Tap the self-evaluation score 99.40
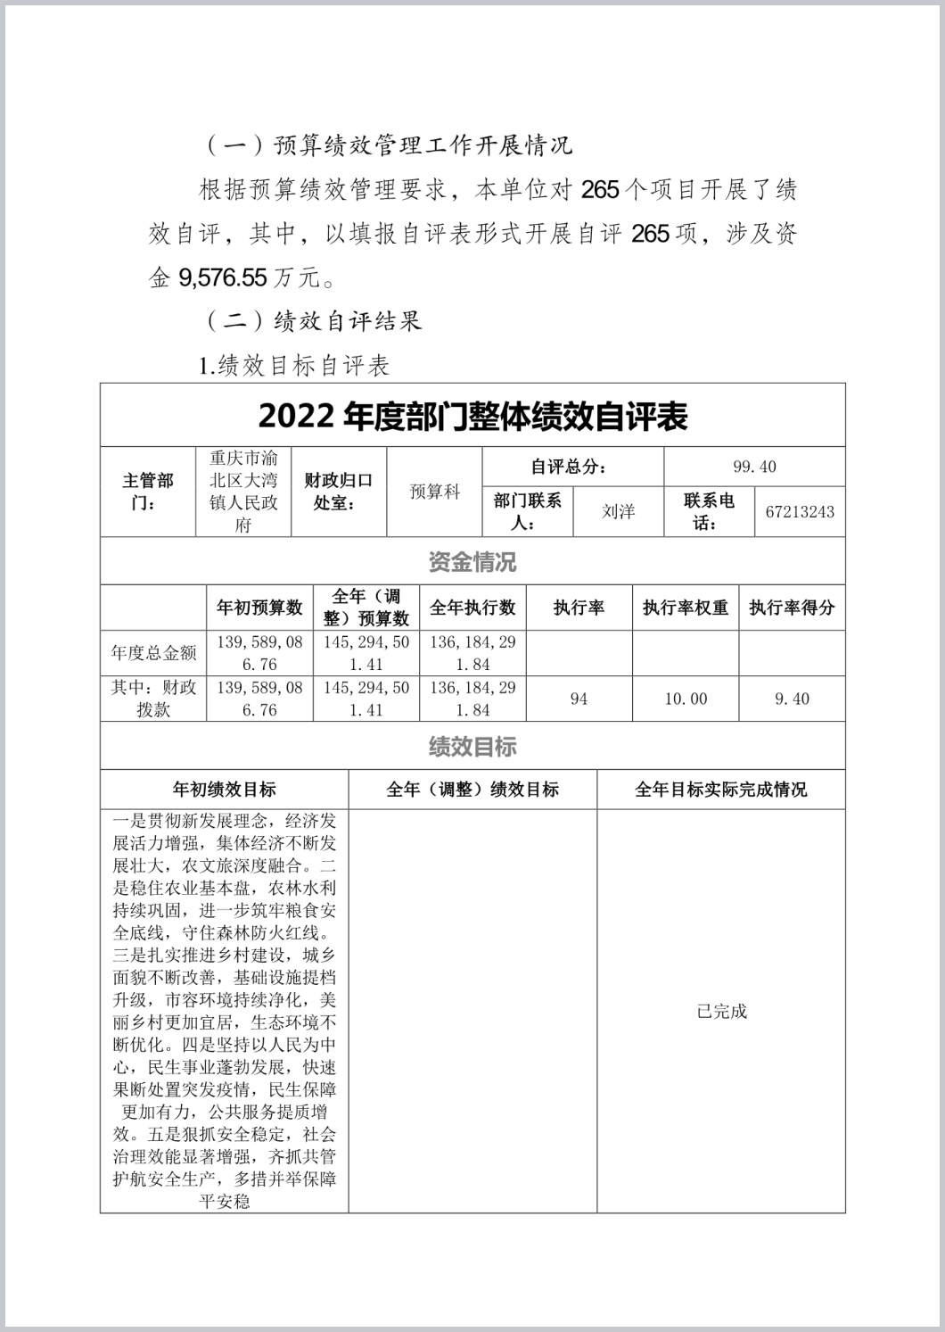754,467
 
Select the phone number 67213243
800,511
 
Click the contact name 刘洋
618,511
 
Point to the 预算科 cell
434,492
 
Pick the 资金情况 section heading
472,562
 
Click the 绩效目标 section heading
472,747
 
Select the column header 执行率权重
686,608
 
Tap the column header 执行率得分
792,608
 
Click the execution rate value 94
579,699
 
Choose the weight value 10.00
686,699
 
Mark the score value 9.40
792,699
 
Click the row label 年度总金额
153,653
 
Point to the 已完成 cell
721,1011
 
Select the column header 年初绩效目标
224,790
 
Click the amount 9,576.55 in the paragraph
223,277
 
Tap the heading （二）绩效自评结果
314,321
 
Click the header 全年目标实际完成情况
721,790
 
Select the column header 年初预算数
259,608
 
